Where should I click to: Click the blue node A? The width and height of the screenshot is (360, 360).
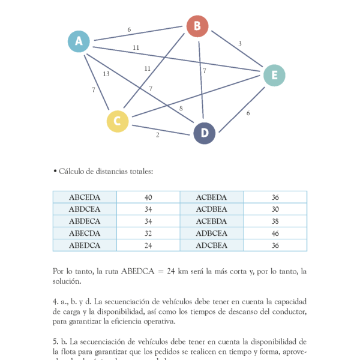(x=79, y=41)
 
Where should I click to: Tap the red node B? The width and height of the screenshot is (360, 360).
(x=197, y=26)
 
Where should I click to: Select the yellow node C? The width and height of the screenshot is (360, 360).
(x=118, y=121)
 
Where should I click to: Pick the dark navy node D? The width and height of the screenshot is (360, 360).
(x=205, y=133)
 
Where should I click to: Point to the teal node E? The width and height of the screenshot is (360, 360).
(x=274, y=75)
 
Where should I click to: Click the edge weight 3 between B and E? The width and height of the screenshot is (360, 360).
(x=240, y=44)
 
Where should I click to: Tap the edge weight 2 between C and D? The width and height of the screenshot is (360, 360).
(x=158, y=135)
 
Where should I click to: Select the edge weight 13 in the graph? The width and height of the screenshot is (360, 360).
(x=106, y=74)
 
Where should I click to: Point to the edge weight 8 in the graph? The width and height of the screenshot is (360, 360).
(x=181, y=109)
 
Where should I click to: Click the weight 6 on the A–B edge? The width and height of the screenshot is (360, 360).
(x=129, y=29)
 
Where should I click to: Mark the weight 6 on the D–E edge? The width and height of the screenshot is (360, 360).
(x=248, y=113)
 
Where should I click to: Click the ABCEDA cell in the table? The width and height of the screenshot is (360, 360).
(x=85, y=197)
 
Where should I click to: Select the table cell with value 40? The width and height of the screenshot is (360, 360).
(x=148, y=197)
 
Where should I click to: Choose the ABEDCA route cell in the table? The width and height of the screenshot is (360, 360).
(x=85, y=245)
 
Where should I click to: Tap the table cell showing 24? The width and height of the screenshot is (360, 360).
(x=148, y=245)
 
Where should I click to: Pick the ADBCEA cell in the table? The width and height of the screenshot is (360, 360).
(x=212, y=233)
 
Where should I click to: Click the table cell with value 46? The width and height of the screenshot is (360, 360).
(x=275, y=233)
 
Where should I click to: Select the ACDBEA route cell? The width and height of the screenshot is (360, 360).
(x=212, y=209)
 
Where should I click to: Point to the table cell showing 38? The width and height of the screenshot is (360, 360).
(x=275, y=221)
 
